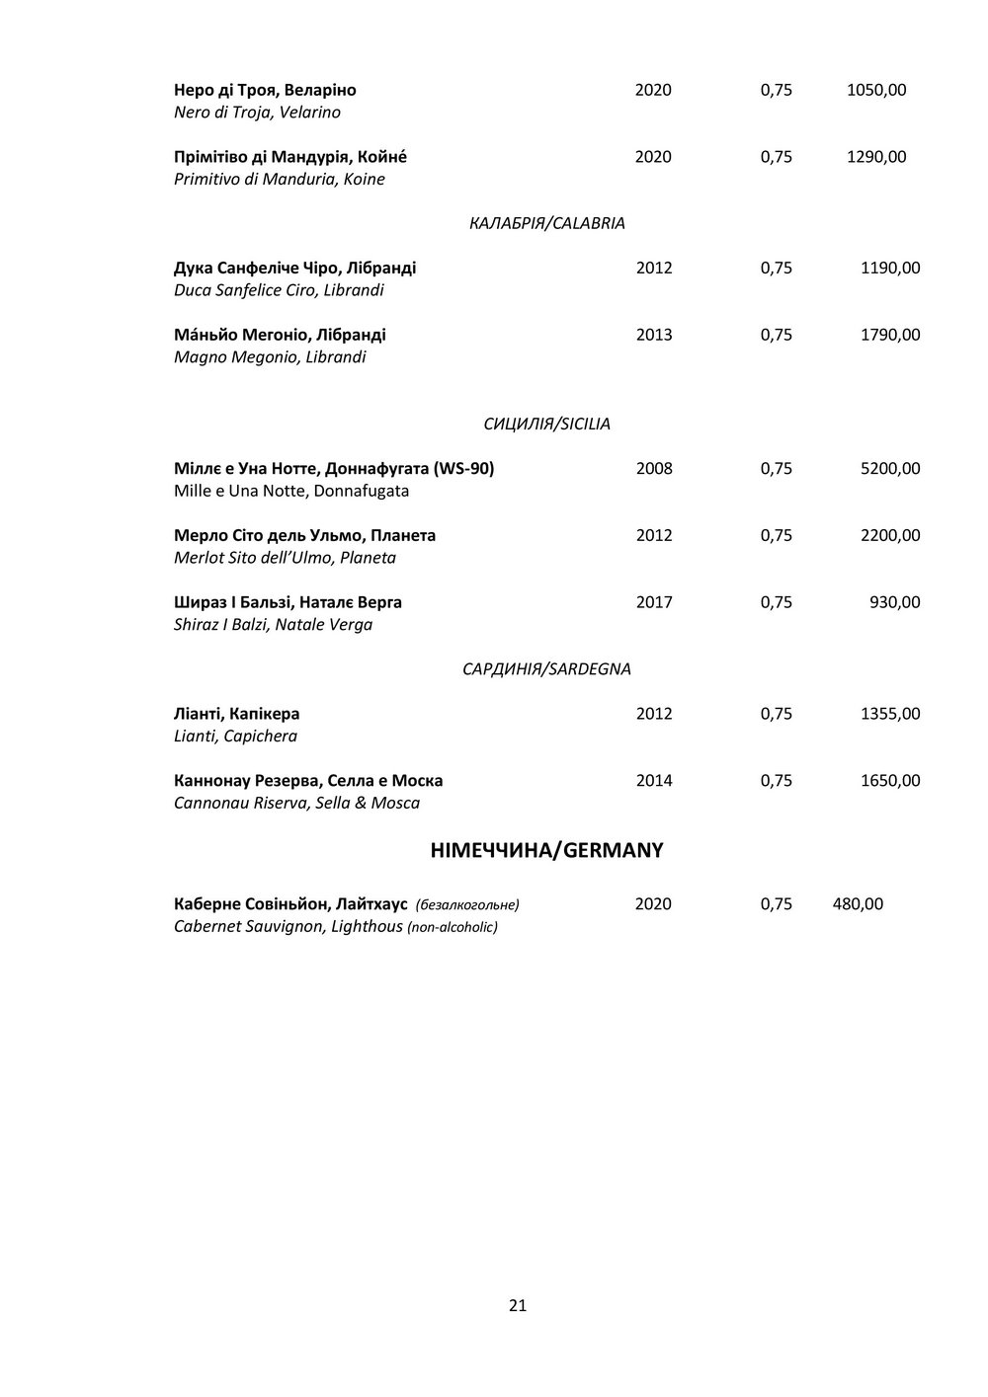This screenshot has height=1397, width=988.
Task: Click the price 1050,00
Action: [876, 91]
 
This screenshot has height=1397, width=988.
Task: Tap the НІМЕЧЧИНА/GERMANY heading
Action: [546, 850]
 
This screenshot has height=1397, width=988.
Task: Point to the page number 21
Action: [518, 1306]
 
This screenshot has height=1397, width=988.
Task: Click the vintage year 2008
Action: [654, 469]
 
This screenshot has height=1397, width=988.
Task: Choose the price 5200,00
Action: [890, 469]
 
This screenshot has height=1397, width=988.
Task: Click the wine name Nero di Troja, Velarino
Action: [257, 113]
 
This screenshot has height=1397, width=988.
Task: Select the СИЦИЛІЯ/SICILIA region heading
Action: [546, 425]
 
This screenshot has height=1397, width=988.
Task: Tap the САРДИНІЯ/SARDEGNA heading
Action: [546, 669]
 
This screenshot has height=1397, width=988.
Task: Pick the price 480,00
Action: [858, 904]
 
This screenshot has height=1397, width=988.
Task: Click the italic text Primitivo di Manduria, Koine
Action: [279, 180]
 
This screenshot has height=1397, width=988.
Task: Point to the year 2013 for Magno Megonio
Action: [654, 336]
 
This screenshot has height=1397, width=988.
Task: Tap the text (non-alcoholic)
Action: [453, 927]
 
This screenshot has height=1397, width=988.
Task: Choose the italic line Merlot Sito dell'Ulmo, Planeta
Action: [285, 558]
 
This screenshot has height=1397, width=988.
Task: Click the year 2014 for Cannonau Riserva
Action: [654, 781]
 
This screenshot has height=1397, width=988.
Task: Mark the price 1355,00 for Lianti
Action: [890, 714]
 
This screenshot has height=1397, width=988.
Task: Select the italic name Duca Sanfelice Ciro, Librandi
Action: [279, 291]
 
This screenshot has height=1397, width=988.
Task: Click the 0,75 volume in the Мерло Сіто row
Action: [777, 536]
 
